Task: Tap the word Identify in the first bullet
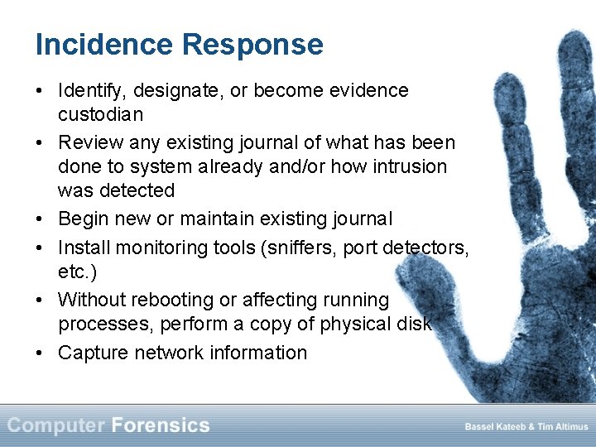click(89, 91)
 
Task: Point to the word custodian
click(99, 114)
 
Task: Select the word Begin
click(82, 219)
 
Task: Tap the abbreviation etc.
click(76, 272)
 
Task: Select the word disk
click(412, 324)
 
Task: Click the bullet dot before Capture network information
click(41, 353)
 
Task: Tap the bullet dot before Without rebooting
click(41, 300)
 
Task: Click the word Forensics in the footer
click(161, 426)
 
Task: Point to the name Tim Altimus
click(562, 427)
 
